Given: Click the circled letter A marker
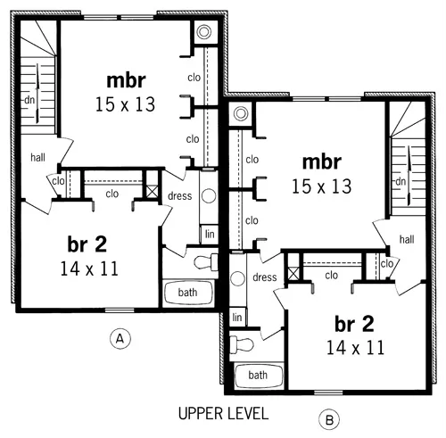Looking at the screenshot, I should pos(117,337).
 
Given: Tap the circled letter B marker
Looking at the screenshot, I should pos(330,417).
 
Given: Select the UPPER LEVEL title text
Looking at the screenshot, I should pos(222,413).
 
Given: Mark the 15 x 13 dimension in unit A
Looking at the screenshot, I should pos(125,104).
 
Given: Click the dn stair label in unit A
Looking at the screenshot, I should pos(29,99).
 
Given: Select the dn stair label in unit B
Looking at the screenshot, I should pos(401,182).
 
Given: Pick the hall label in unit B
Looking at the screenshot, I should pos(407,239).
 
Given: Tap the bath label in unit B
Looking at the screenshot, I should pos(257,376).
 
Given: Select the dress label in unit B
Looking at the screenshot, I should pos(265,277).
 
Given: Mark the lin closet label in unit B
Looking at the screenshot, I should pos(236,317).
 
